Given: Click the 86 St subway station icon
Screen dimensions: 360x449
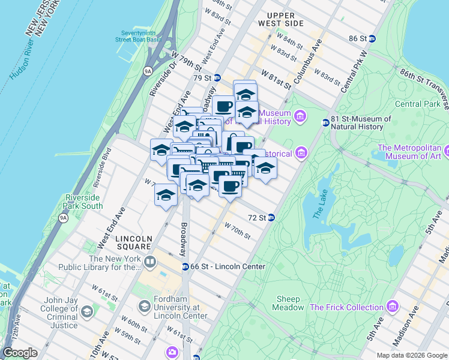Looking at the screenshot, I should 372,38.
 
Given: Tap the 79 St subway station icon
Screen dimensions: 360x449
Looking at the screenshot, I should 217,78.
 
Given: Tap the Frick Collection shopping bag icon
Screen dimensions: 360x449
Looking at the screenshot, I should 393,307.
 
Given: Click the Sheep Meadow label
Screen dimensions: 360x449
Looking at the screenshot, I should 290,304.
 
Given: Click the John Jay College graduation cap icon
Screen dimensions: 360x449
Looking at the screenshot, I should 87,312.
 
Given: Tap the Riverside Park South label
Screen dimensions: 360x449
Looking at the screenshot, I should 83,202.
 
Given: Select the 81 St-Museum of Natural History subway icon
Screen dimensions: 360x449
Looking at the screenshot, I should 325,122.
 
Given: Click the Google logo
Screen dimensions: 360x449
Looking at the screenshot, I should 20,353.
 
